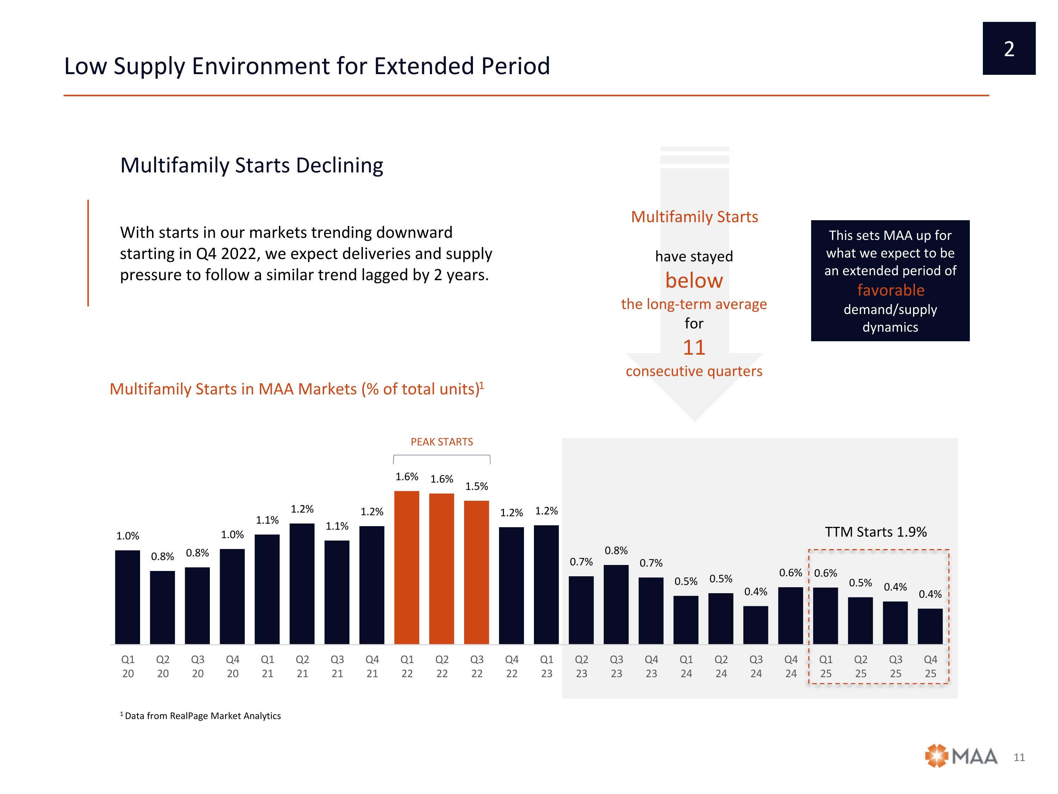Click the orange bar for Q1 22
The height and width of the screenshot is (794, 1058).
click(407, 567)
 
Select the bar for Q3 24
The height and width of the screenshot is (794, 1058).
click(756, 625)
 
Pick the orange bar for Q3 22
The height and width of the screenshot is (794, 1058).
click(476, 572)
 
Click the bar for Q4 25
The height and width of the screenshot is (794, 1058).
click(930, 626)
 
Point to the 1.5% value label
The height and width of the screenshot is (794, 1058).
click(476, 486)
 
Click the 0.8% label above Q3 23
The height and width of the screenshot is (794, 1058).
click(616, 551)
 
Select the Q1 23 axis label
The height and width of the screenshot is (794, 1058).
click(546, 666)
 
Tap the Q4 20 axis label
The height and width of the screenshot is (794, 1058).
click(232, 666)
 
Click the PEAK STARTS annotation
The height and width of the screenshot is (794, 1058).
click(442, 442)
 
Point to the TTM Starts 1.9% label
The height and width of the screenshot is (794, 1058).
click(876, 532)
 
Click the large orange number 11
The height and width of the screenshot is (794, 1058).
click(694, 348)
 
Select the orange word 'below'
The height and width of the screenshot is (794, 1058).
click(694, 281)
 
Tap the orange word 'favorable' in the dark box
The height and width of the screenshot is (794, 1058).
click(890, 290)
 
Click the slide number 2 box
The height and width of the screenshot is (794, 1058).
click(1009, 48)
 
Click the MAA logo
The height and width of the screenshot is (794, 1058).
click(961, 756)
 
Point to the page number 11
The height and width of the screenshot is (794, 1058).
click(1019, 757)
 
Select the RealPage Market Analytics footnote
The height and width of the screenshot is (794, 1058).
click(201, 716)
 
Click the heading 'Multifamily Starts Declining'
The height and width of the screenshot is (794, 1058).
click(251, 165)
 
